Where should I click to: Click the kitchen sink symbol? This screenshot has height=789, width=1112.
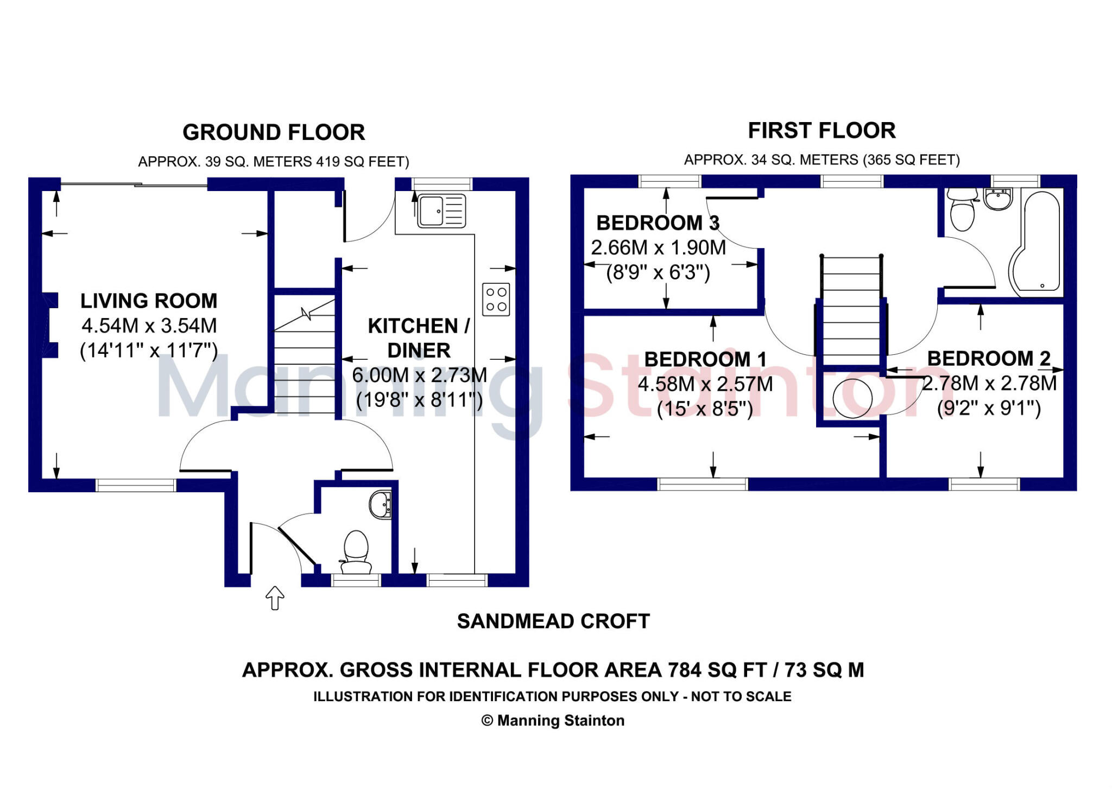441,211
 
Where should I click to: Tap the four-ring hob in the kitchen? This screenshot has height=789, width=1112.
496,299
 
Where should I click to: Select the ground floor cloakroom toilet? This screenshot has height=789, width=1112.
356,551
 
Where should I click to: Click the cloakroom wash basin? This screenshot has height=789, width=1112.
380,505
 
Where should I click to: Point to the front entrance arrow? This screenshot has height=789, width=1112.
275,597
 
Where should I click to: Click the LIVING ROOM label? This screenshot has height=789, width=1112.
149,301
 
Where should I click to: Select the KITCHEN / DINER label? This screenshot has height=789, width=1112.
419,338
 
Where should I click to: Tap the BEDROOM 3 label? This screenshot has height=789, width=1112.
658,222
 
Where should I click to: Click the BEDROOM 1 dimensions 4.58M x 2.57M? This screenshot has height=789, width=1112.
705,384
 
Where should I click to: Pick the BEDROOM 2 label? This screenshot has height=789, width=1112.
989,358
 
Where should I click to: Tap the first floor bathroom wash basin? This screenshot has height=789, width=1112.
998,199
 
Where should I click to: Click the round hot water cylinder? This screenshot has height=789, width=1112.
852,398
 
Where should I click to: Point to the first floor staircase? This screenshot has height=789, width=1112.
851,309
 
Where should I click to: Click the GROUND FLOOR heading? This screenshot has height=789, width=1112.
274,132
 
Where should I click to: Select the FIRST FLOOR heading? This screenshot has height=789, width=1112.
822,131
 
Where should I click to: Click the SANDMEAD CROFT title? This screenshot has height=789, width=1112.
553,621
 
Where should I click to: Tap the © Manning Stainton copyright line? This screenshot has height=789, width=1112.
553,721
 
